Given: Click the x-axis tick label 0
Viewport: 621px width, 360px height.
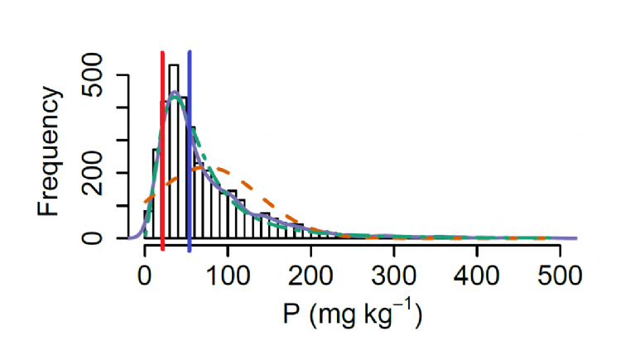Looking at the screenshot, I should coord(145,273).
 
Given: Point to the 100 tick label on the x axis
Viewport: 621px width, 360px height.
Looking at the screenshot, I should coord(228,273).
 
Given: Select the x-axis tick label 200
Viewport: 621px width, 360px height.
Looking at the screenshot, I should coord(310,273).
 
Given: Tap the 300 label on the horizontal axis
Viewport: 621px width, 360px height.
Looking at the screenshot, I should coord(393,273).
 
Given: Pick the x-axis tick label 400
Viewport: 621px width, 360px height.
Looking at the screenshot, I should coord(476,273).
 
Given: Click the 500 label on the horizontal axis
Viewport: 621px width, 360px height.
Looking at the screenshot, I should coord(559,273).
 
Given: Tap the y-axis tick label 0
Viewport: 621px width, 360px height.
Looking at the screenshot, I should coord(105,238).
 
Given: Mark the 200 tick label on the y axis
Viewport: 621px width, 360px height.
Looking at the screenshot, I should coord(105,172).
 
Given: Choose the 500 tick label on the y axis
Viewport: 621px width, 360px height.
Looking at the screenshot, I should coord(105,75).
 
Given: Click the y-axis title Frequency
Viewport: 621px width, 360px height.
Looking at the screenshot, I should coord(49,153).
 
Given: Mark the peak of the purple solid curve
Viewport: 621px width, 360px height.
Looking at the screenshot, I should coord(175,93).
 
